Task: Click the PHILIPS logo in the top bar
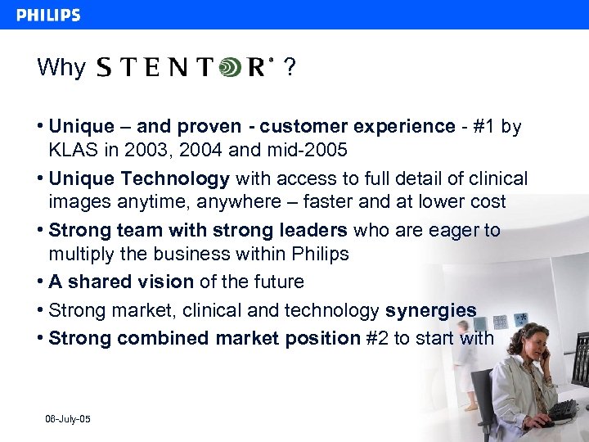48,15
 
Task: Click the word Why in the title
61,68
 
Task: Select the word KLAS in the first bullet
72,150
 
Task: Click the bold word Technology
183,178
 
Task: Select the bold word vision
164,282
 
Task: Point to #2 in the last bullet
375,338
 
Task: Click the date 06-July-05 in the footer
68,419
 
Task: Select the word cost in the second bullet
487,201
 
